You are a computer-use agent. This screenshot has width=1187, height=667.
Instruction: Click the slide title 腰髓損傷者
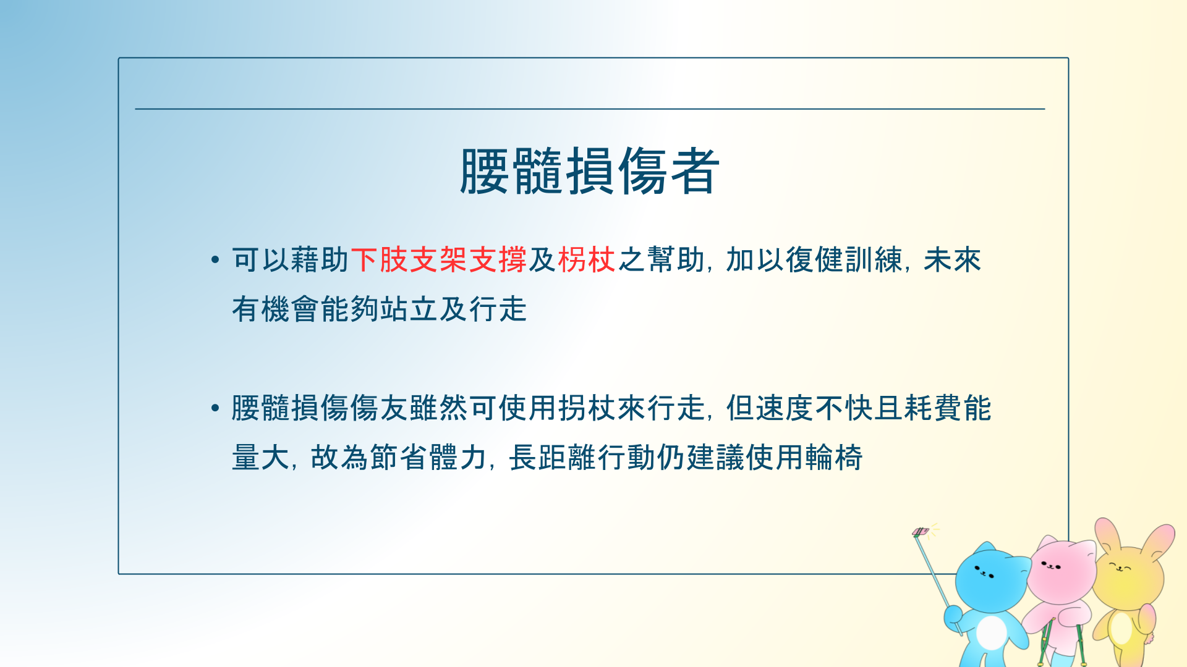[590, 171]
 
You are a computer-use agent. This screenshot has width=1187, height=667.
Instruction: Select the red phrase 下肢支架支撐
[439, 259]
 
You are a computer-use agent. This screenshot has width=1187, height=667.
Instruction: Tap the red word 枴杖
[587, 259]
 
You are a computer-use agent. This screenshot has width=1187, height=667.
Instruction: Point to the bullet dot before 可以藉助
[215, 259]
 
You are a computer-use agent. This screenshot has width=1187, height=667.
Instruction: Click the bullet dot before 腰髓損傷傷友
[215, 408]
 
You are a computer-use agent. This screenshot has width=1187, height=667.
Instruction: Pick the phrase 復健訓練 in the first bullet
[844, 259]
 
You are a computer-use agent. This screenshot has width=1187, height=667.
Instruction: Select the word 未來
[952, 259]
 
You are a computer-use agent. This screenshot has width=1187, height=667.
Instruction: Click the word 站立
[409, 309]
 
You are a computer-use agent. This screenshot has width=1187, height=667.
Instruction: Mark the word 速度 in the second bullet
[785, 408]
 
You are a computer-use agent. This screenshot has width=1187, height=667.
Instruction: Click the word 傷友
[380, 408]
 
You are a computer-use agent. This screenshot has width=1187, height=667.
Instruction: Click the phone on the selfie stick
[921, 532]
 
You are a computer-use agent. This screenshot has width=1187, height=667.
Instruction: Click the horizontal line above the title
[590, 109]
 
